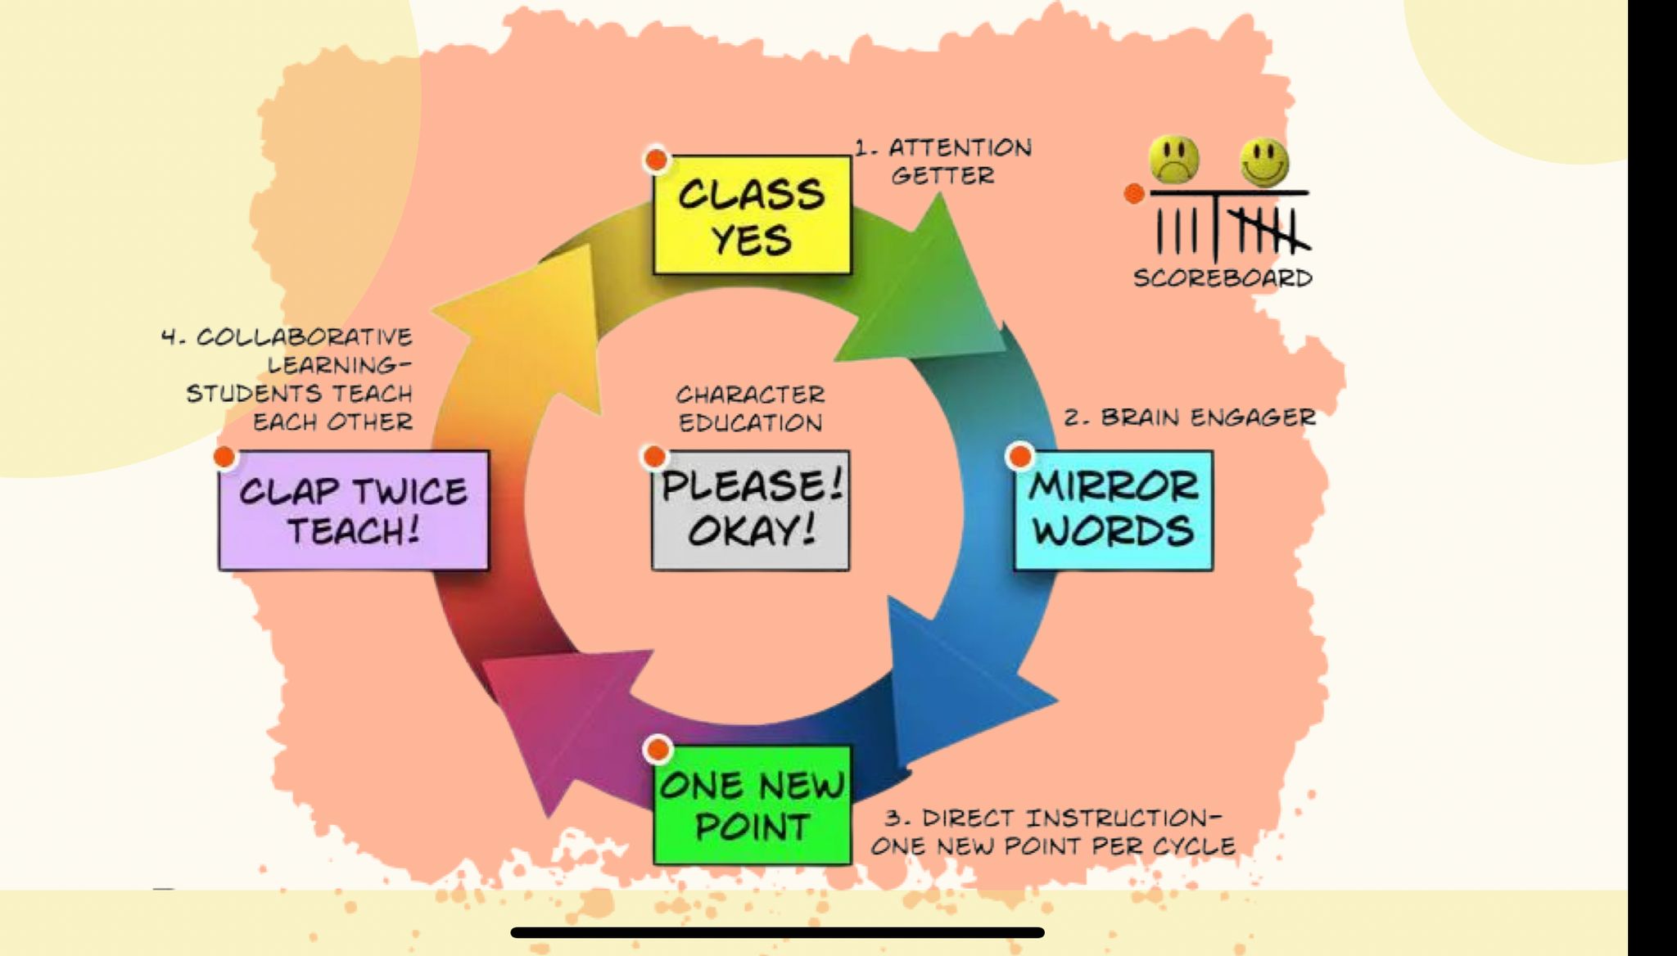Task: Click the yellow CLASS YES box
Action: (x=752, y=215)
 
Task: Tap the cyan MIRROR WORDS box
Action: (x=1113, y=510)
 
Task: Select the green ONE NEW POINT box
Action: (x=752, y=804)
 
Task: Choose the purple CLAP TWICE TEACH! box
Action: (x=354, y=510)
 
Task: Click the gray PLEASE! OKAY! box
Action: (x=750, y=510)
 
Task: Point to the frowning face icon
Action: (x=1173, y=159)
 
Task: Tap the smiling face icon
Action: (x=1263, y=162)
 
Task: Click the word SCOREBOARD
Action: (x=1223, y=278)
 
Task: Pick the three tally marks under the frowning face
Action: (x=1176, y=231)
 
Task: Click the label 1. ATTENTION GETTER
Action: (x=943, y=161)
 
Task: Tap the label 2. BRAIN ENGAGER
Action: (x=1190, y=417)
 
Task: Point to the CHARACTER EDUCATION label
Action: (x=750, y=409)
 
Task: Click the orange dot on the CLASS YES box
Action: (x=657, y=160)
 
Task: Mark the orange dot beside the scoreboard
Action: (x=1134, y=194)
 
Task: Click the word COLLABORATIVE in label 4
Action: (x=305, y=337)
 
